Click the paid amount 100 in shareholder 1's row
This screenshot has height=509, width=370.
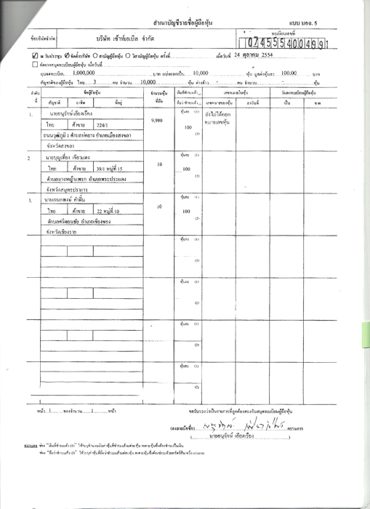[x=188, y=127]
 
